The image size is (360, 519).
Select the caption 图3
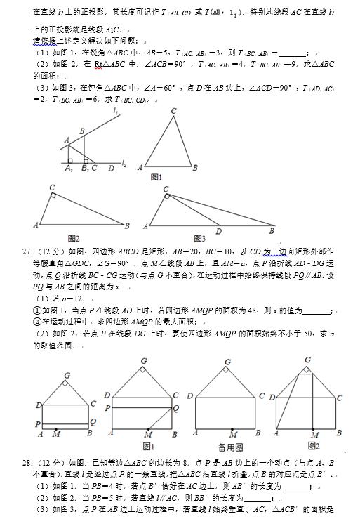200,238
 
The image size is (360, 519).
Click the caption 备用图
225,446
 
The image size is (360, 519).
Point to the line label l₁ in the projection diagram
116,110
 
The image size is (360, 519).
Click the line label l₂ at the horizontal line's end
123,163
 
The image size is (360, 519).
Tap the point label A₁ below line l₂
68,169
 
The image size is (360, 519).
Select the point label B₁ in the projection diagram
85,169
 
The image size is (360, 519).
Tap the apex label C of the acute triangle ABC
173,111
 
